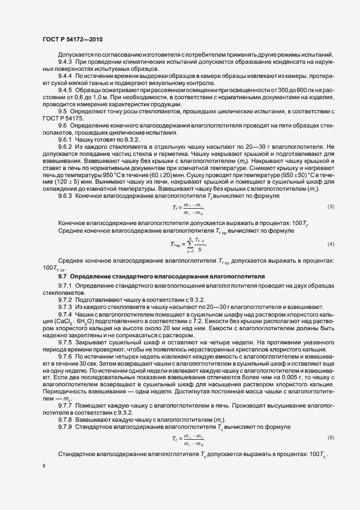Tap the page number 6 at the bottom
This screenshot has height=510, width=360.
(x=44, y=466)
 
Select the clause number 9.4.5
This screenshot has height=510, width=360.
(x=66, y=89)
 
